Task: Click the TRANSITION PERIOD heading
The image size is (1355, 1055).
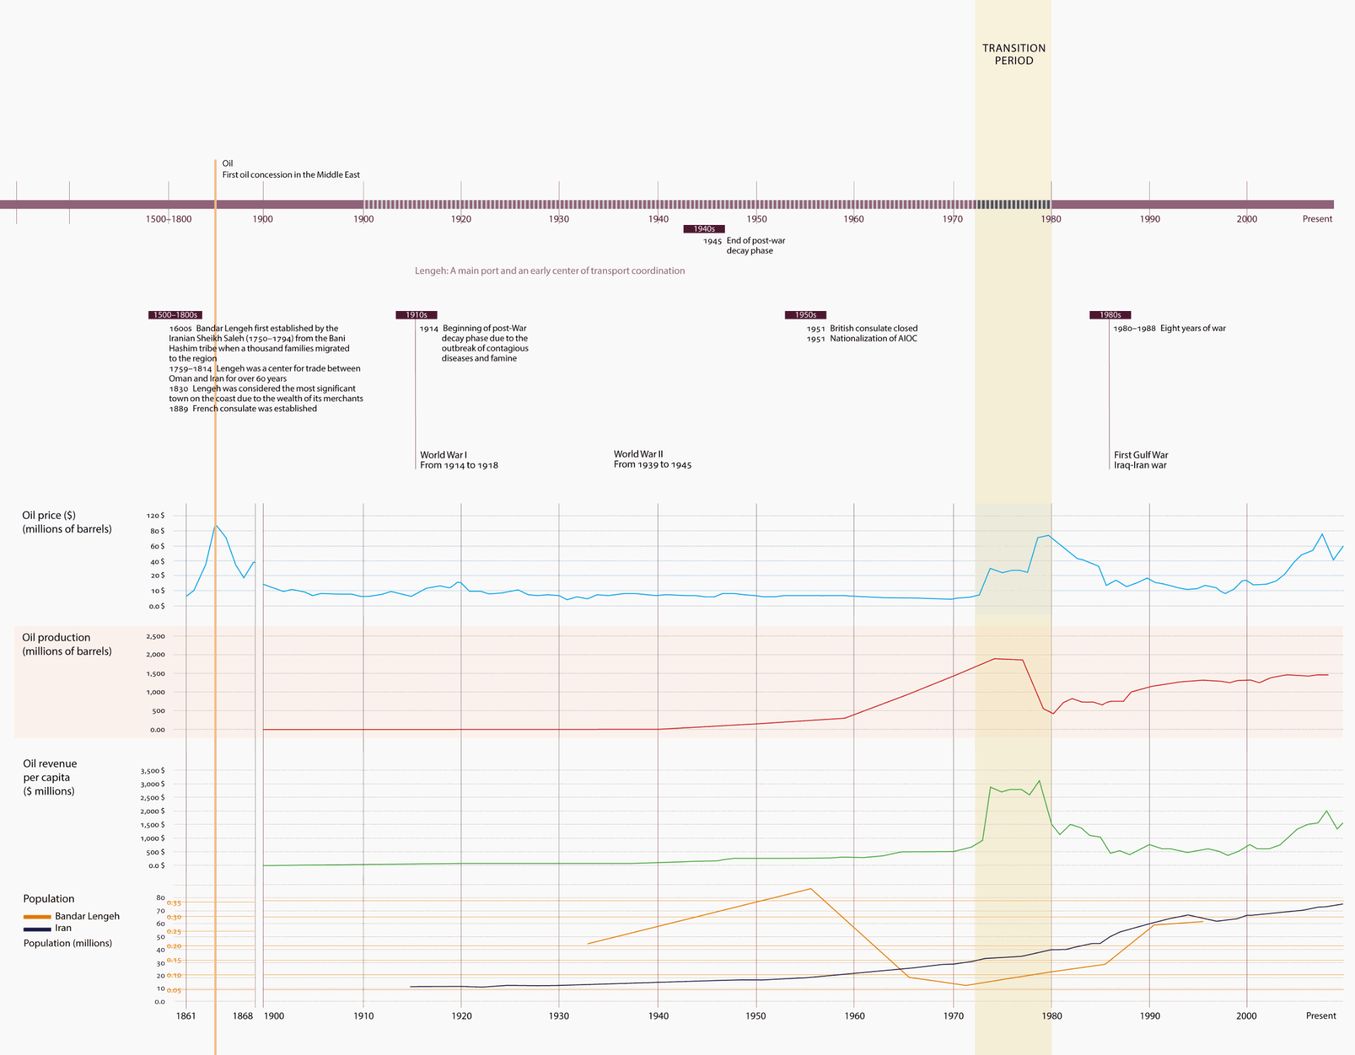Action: click(1014, 54)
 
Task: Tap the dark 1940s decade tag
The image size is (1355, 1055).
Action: click(704, 229)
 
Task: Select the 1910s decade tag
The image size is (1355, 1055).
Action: click(416, 315)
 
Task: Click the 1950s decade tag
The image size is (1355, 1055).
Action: click(805, 315)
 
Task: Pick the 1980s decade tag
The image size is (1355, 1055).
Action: click(1110, 315)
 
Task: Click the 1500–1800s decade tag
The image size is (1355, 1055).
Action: click(175, 315)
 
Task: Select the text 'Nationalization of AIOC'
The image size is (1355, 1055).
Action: click(873, 339)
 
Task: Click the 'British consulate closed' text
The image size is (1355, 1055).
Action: click(873, 329)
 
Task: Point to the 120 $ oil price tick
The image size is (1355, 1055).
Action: click(155, 516)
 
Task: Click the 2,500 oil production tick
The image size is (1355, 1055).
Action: click(155, 637)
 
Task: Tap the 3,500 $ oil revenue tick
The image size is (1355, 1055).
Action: click(152, 771)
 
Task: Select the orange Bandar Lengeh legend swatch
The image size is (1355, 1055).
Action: click(37, 917)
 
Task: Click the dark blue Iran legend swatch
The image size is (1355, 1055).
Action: click(37, 929)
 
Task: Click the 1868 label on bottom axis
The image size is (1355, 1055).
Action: click(243, 1016)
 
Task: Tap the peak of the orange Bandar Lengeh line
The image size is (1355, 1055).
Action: click(810, 888)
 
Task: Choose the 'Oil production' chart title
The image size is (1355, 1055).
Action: click(56, 638)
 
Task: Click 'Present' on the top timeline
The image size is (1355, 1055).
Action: click(1317, 219)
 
